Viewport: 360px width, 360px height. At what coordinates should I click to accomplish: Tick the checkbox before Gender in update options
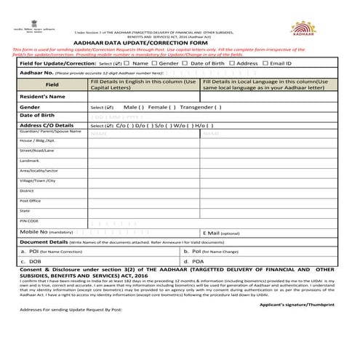click(x=155, y=63)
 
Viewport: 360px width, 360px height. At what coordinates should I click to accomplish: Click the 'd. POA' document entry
click(x=195, y=260)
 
